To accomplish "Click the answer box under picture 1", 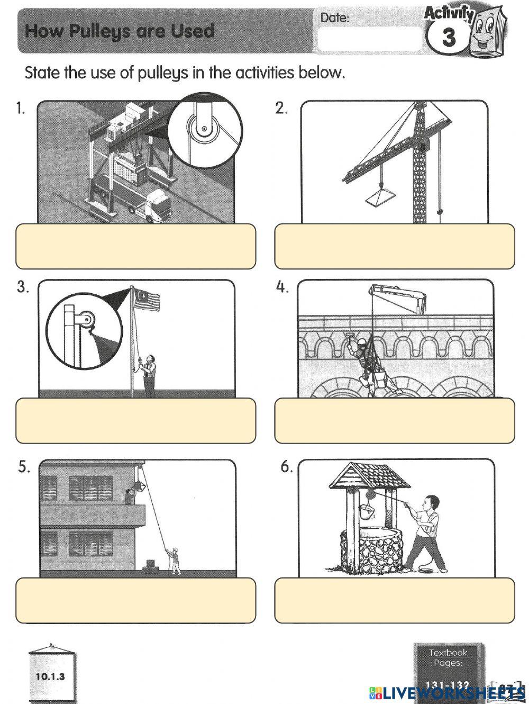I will coord(135,246).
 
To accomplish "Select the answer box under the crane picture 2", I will coord(394,246).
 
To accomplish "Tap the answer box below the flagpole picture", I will coord(135,421).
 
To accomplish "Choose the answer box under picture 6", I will coord(394,600).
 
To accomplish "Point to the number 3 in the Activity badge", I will coord(448,38).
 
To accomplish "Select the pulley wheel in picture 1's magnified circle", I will coord(203,129).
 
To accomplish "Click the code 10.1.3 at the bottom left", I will coord(50,676).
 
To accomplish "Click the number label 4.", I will coord(282,287).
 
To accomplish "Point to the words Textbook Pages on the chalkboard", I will coord(448,658).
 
